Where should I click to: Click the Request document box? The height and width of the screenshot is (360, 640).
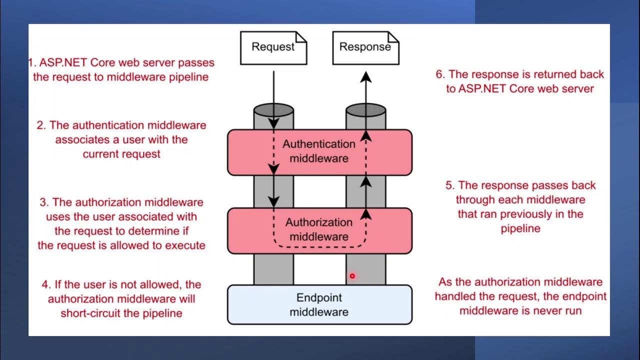click(273, 47)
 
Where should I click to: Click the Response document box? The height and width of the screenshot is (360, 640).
click(365, 47)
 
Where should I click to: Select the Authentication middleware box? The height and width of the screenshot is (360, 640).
click(319, 152)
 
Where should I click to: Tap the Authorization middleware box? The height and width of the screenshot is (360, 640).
click(319, 230)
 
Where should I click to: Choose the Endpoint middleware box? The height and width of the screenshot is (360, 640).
click(319, 304)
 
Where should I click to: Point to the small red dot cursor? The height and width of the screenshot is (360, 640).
click(352, 276)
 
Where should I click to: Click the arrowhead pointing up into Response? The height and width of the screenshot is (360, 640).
click(366, 76)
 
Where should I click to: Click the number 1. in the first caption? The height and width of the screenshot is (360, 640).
click(32, 63)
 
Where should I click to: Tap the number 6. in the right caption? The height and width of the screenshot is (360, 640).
click(440, 74)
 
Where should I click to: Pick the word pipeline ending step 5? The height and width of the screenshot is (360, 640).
click(520, 228)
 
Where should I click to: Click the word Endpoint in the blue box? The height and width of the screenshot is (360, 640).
click(319, 298)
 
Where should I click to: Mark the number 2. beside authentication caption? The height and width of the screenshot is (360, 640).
click(41, 125)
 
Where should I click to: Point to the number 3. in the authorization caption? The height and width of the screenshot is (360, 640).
click(44, 202)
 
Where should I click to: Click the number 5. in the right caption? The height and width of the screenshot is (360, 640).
click(450, 185)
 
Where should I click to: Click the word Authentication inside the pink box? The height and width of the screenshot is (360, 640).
click(319, 144)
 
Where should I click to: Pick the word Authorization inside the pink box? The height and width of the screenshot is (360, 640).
click(319, 222)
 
